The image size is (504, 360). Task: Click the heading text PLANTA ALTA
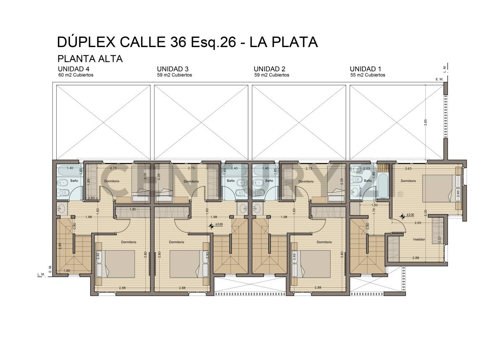pos(90,59)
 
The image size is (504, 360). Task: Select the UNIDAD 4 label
pos(73,69)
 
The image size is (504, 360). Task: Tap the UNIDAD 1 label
pos(366,69)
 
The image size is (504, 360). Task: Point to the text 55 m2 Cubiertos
pos(367,75)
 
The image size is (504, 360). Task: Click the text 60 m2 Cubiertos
pos(76,75)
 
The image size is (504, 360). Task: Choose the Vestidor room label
pos(419,239)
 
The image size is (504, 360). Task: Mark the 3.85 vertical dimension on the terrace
pos(425,122)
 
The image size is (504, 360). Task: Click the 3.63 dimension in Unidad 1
pos(408,168)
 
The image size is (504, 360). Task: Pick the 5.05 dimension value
pos(425,212)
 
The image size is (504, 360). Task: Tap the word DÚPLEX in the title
pos(86,42)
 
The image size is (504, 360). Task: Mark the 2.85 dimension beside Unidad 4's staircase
pos(60,246)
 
